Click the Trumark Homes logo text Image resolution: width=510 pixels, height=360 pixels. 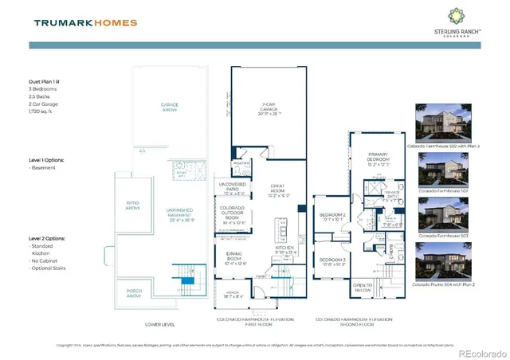[x=85, y=23]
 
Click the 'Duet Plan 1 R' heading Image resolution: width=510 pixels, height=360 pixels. [x=49, y=81]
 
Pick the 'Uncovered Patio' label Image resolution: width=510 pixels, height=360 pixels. [x=233, y=189]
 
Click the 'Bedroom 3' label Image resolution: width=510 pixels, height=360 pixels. [x=332, y=262]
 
